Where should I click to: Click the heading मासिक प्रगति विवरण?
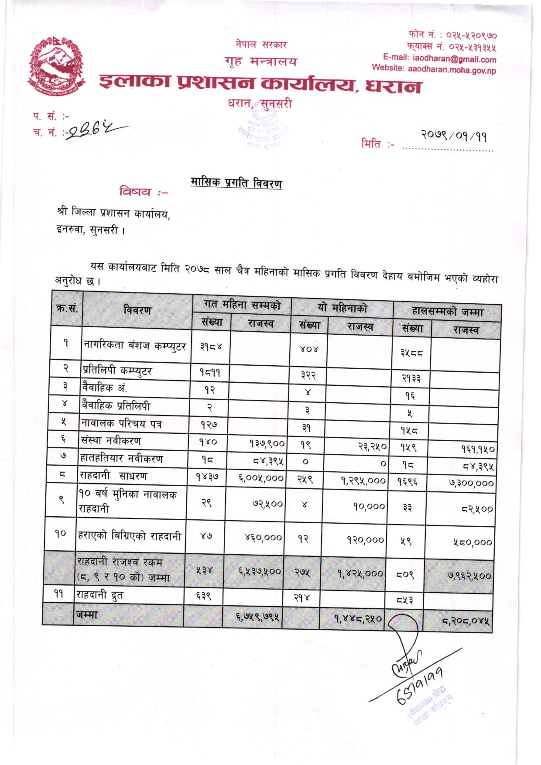pyautogui.click(x=236, y=182)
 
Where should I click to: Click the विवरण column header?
pyautogui.click(x=137, y=310)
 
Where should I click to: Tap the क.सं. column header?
pyautogui.click(x=67, y=309)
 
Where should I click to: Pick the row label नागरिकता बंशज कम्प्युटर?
pyautogui.click(x=135, y=346)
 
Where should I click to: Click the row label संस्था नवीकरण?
pyautogui.click(x=111, y=441)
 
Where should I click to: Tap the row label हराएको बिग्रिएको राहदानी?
pyautogui.click(x=130, y=536)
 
